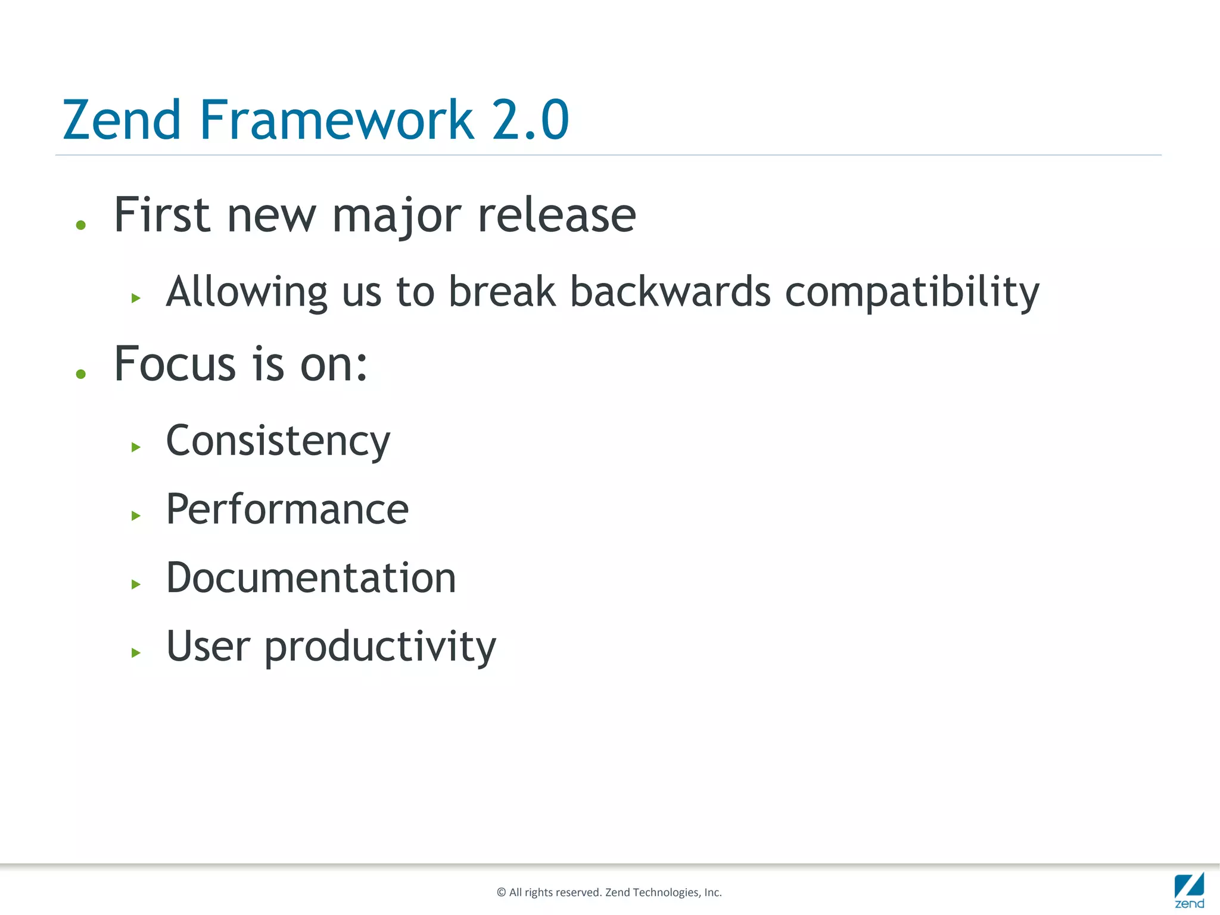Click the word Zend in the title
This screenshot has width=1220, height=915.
tap(122, 120)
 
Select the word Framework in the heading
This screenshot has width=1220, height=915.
tap(337, 120)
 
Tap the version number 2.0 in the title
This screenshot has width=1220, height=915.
tap(530, 120)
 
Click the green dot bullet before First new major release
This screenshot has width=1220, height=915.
tap(81, 225)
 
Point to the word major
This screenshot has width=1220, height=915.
tap(397, 216)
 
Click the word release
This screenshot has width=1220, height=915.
tap(557, 216)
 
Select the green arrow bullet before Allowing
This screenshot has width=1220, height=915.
tap(136, 298)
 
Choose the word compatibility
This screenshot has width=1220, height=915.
tap(912, 292)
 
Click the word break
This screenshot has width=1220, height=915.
tap(502, 292)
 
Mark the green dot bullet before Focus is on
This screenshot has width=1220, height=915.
tap(81, 374)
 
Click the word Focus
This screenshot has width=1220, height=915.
tap(175, 364)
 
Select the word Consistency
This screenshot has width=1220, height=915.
tap(278, 441)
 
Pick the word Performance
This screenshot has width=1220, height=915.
tap(287, 509)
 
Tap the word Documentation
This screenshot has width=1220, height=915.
tap(311, 578)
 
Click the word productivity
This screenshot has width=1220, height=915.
tap(379, 647)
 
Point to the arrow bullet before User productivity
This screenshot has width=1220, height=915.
tap(136, 653)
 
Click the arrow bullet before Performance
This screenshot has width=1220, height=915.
tap(136, 516)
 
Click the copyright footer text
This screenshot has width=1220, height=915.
tap(609, 892)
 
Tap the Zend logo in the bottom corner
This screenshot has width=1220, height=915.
tap(1189, 890)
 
